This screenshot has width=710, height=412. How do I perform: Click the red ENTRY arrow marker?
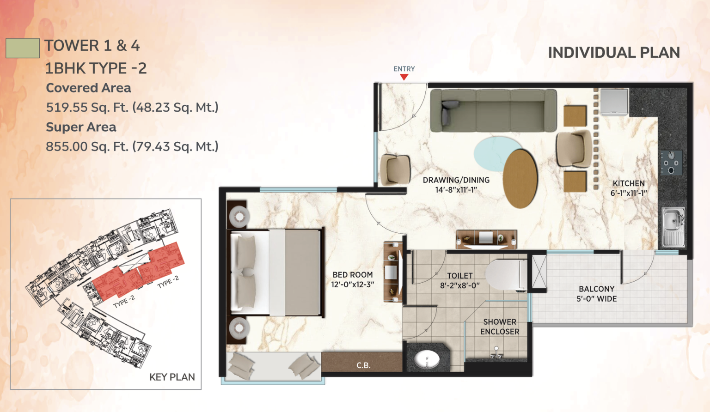[404, 77]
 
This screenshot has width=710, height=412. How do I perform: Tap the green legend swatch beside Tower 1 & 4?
[23, 48]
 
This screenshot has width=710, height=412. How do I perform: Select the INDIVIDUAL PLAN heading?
[614, 53]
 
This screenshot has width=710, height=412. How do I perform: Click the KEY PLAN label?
[172, 377]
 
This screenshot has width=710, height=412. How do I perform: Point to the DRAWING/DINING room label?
[456, 185]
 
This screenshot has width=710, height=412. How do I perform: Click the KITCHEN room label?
[629, 188]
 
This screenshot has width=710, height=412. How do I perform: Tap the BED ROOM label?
[353, 279]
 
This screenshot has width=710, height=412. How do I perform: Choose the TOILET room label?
[459, 280]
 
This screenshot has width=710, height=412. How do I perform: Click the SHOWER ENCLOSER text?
[500, 327]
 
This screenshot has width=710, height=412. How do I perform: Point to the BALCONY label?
[597, 294]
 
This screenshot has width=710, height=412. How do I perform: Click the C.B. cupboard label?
[363, 365]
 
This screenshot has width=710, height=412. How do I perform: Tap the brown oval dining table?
[520, 179]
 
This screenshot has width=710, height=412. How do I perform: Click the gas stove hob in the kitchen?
[672, 163]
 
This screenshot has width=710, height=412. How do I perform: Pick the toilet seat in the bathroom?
[506, 275]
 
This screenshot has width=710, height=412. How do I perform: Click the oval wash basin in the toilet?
[427, 359]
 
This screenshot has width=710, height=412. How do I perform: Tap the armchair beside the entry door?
[395, 170]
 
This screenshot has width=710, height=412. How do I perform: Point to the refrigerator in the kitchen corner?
[614, 102]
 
